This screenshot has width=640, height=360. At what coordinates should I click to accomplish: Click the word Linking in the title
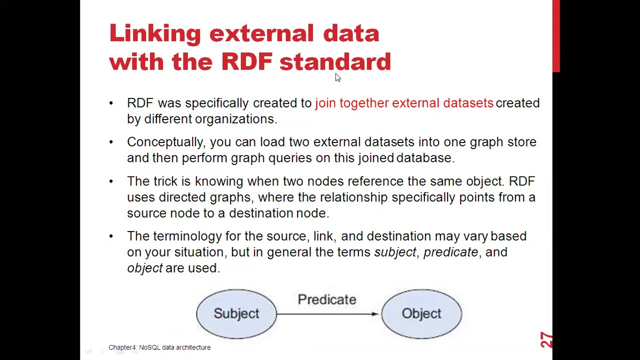[x=155, y=34]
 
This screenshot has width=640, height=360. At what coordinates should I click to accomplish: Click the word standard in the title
[x=335, y=62]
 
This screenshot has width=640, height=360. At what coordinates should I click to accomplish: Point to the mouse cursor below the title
[x=337, y=77]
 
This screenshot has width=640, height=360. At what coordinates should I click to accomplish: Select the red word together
[x=363, y=103]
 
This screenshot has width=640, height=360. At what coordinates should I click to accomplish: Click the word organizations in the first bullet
[x=234, y=119]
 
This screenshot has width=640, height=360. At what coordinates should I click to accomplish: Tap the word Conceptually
[x=165, y=142]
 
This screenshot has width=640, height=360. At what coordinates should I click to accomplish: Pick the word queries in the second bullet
[x=289, y=158]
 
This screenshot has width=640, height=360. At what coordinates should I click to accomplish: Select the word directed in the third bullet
[x=182, y=197]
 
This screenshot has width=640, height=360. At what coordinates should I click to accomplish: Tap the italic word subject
[x=395, y=252]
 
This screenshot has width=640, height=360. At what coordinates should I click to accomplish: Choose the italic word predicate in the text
[x=450, y=252]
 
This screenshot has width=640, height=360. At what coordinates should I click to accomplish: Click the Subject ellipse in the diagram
[x=236, y=313]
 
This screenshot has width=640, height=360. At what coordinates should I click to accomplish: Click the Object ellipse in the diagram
[x=421, y=313]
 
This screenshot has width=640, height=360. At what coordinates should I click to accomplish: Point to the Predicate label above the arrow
[x=327, y=299]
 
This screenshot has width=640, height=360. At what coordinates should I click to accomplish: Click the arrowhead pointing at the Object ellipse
[x=375, y=314]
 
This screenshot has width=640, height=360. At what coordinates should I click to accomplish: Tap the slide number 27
[x=546, y=340]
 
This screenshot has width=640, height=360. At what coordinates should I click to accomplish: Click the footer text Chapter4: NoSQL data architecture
[x=159, y=347]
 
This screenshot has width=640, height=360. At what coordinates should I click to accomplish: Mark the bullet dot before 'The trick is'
[x=111, y=181]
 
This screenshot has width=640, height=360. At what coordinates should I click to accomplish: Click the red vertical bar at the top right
[x=556, y=35]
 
